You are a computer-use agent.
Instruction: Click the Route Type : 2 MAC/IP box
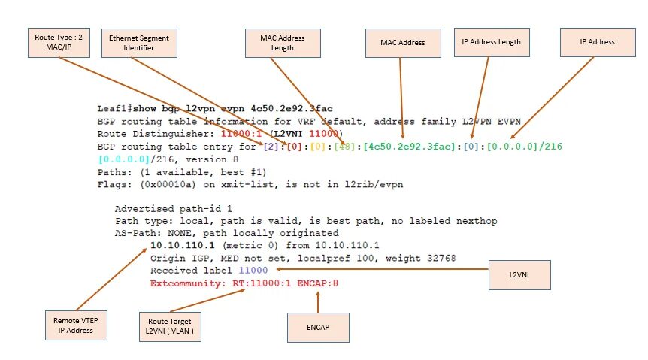pyautogui.click(x=58, y=42)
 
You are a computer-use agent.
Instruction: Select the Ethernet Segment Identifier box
pyautogui.click(x=139, y=42)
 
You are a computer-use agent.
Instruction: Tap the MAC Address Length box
pyautogui.click(x=283, y=43)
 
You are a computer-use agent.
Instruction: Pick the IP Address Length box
pyautogui.click(x=491, y=42)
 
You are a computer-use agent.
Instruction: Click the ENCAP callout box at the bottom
pyautogui.click(x=318, y=327)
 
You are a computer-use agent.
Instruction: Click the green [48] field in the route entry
pyautogui.click(x=349, y=145)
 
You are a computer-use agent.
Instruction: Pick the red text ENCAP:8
pyautogui.click(x=319, y=283)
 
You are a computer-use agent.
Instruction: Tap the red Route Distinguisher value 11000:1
pyautogui.click(x=236, y=133)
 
